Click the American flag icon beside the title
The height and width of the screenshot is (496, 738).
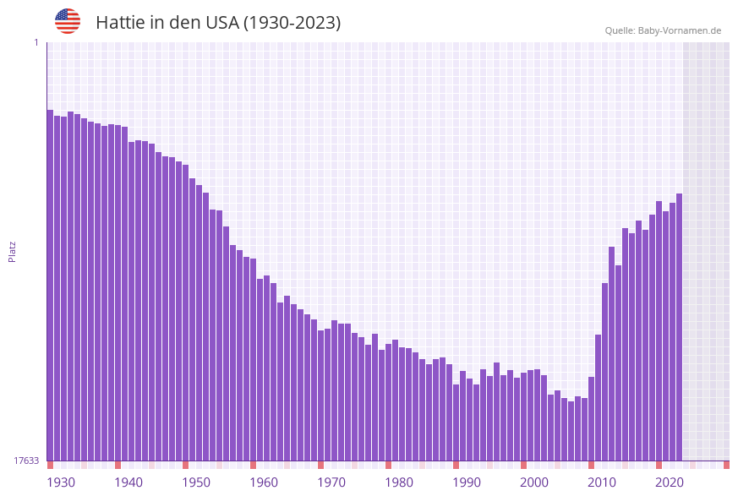pyautogui.click(x=68, y=21)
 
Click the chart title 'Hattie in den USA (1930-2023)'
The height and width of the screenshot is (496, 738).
pyautogui.click(x=218, y=23)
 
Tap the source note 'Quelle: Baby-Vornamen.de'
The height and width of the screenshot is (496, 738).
pyautogui.click(x=663, y=30)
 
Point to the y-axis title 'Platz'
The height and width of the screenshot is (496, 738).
pyautogui.click(x=13, y=252)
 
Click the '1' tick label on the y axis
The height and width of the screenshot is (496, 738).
pyautogui.click(x=36, y=43)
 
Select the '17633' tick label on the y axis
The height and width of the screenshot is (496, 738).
pyautogui.click(x=26, y=461)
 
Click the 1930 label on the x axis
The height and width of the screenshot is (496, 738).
pyautogui.click(x=61, y=482)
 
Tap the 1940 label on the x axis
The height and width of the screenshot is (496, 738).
pyautogui.click(x=128, y=482)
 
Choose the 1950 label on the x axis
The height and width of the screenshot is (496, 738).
pyautogui.click(x=196, y=482)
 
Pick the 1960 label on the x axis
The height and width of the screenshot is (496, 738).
pyautogui.click(x=264, y=482)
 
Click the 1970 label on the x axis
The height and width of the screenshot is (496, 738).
pyautogui.click(x=331, y=482)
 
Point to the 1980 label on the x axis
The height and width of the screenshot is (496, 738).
pyautogui.click(x=399, y=482)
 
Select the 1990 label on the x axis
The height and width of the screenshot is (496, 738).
pyautogui.click(x=467, y=482)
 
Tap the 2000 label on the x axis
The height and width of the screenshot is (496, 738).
pyautogui.click(x=534, y=482)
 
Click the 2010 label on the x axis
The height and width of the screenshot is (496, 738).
pyautogui.click(x=602, y=482)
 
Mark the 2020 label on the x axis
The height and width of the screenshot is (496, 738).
pyautogui.click(x=670, y=482)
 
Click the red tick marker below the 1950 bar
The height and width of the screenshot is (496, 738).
pyautogui.click(x=185, y=465)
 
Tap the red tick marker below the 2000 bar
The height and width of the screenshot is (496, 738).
pyautogui.click(x=523, y=465)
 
